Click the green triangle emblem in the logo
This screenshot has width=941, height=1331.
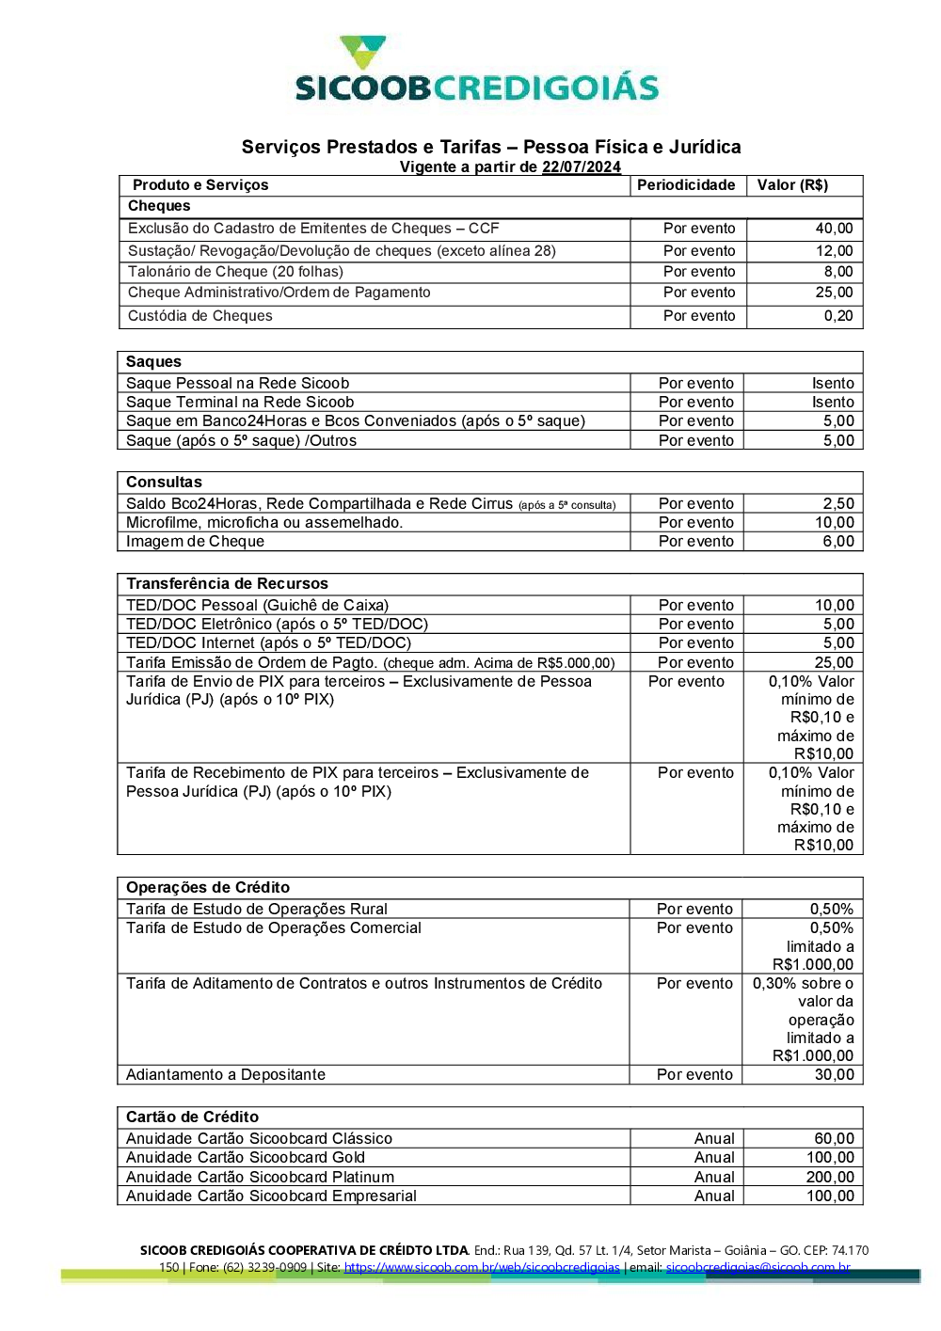(x=362, y=52)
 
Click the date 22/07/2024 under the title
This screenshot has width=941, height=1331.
(x=581, y=167)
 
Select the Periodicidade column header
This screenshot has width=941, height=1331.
(x=686, y=185)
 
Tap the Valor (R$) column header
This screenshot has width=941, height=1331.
(x=792, y=185)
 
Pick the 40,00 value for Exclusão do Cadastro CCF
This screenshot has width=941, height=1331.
(x=834, y=229)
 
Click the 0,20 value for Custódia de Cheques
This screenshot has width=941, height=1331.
(x=838, y=316)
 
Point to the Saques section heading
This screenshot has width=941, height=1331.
(x=153, y=362)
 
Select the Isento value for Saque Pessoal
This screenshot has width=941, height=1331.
(x=833, y=384)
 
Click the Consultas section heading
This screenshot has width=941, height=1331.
(x=164, y=483)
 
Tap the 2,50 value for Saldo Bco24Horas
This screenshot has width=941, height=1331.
(x=838, y=504)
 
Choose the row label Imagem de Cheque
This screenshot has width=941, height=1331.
(x=195, y=542)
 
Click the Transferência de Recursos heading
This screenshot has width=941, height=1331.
(x=227, y=584)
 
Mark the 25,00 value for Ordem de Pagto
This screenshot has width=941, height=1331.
(x=835, y=663)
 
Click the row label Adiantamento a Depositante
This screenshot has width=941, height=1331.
(x=226, y=1075)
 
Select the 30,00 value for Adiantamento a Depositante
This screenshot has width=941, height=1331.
(x=835, y=1075)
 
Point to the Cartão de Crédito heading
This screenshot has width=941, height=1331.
(x=192, y=1117)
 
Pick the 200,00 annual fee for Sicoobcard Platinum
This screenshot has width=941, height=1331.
(x=830, y=1178)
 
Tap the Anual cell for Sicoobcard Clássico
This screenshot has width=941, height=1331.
(x=714, y=1139)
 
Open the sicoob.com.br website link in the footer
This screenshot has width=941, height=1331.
(x=482, y=1268)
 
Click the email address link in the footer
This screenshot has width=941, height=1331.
(x=758, y=1268)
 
